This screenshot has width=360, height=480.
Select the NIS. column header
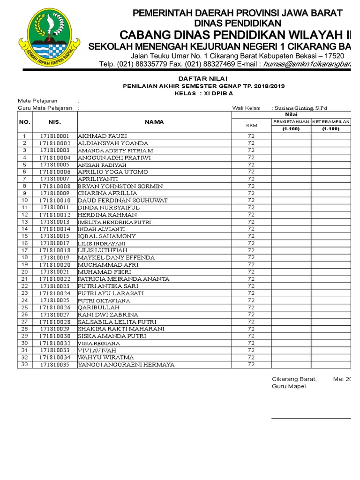point(54,122)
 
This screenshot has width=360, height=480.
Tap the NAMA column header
point(154,122)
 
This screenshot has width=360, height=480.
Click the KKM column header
point(251,125)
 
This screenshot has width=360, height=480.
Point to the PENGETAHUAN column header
point(291,121)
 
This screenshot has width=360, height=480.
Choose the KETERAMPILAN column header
point(331,121)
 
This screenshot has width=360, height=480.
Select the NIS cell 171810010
point(54,200)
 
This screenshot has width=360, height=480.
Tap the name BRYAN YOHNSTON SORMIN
point(120,186)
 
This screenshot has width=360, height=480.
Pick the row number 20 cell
point(24,272)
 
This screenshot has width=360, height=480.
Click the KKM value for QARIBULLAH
point(251,307)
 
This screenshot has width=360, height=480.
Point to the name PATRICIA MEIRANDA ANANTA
point(123,279)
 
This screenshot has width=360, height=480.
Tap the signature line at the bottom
point(311,418)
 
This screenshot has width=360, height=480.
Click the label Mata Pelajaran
point(37,101)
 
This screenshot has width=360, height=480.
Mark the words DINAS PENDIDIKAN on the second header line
point(238,23)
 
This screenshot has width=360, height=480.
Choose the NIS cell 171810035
point(54,365)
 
